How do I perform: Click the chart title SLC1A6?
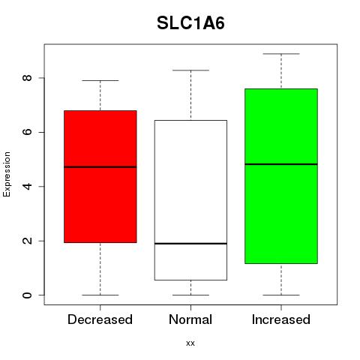[x=190, y=23]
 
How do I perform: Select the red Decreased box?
[x=100, y=176]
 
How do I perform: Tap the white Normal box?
[x=190, y=200]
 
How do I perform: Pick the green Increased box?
[x=281, y=176]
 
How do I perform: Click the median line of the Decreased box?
[x=100, y=167]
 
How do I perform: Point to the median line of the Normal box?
[x=190, y=244]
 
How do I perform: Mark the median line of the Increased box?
[x=281, y=164]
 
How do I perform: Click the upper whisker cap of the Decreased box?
[x=100, y=80]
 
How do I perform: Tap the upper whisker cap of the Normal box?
[x=190, y=70]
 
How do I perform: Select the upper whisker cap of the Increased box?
[x=281, y=54]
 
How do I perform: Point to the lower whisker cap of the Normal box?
[x=190, y=295]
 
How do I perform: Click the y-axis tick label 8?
[x=27, y=78]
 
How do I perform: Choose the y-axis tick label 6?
[x=27, y=132]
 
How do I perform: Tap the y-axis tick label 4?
[x=27, y=186]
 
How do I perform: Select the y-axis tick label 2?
[x=27, y=241]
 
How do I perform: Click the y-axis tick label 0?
[x=27, y=295]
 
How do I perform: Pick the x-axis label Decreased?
[x=100, y=319]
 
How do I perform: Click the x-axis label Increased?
[x=281, y=319]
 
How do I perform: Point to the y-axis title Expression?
[x=7, y=174]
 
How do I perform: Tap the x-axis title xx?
[x=190, y=343]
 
